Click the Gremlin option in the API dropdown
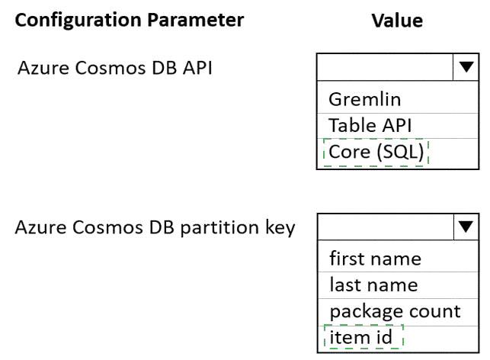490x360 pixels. coord(365,99)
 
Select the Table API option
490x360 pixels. coord(370,125)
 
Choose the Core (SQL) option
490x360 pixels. coord(376,152)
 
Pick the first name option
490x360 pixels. coord(376,259)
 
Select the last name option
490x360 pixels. coord(373,285)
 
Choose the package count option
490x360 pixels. coord(395,311)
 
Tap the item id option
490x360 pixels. coord(361,337)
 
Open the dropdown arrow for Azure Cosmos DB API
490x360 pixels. coord(466,67)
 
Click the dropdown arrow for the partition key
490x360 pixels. coord(466,227)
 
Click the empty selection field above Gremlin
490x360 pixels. coord(385,67)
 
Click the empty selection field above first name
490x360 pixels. coord(386,227)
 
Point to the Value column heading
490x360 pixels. coord(397,21)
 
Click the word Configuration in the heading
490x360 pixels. coord(78,21)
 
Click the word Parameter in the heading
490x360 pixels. coord(196,20)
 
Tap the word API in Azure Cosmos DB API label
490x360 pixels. coord(197,68)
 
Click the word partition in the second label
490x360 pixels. coord(219,227)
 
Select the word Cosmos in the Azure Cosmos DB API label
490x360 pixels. coord(110,68)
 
